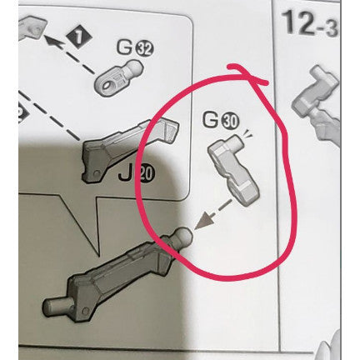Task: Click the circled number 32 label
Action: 144,50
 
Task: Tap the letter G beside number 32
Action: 125,47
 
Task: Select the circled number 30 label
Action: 230,122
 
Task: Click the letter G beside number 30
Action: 211,119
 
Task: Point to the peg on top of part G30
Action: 235,141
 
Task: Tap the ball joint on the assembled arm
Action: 183,235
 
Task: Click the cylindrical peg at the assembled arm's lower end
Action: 57,305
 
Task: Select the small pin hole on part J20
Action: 97,173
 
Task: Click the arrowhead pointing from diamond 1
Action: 52,41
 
